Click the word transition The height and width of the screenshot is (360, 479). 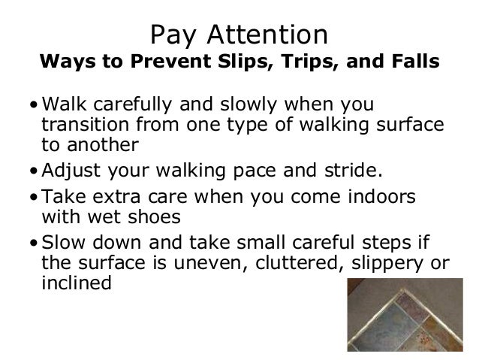tap(79, 123)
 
